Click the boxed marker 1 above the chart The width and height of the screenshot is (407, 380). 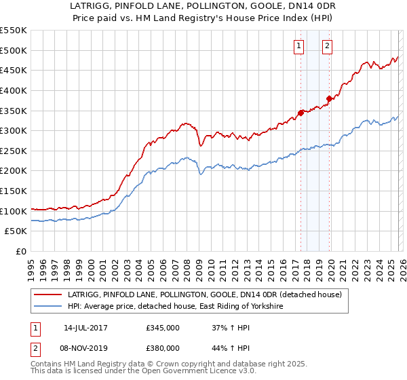pos(299,46)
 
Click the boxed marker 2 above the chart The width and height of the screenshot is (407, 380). pos(327,46)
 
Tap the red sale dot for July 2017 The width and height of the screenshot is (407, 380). pos(301,113)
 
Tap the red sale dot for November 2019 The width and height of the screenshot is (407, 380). pos(328,98)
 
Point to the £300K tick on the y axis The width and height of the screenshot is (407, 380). pos(14,130)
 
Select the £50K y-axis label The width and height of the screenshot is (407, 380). pos(16,231)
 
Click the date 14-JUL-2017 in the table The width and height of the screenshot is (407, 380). pos(85,328)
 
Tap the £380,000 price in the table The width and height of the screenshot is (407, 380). pos(163,348)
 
